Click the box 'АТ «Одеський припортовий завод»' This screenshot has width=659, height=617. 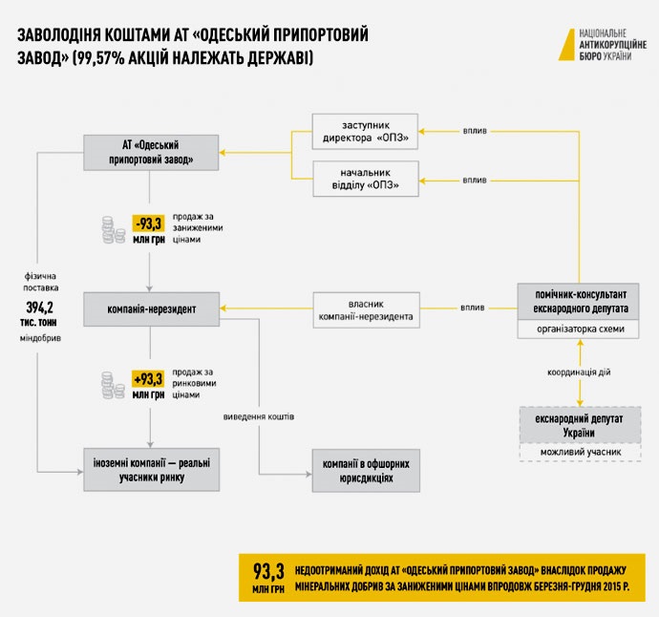tap(152, 152)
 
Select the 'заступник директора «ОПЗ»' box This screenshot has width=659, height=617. tap(366, 132)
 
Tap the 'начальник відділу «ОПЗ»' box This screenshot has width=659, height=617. tap(366, 179)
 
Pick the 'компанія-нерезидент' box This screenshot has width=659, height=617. tap(152, 308)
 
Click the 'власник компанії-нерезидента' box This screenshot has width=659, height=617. tap(366, 308)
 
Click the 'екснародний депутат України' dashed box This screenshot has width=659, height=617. tap(579, 425)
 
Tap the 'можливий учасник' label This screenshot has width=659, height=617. tap(579, 452)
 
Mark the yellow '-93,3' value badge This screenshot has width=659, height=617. tap(149, 223)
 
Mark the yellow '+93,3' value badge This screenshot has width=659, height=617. tap(149, 377)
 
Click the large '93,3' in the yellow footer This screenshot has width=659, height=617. tap(269, 570)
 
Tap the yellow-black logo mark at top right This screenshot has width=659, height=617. tap(566, 44)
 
